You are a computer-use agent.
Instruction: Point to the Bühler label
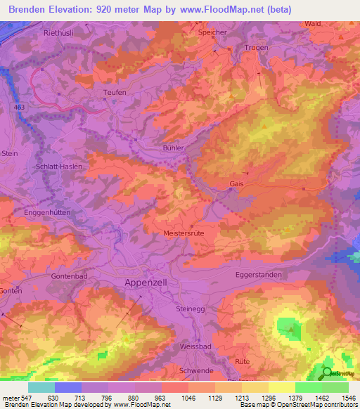pos(173,148)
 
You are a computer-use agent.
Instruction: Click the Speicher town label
pos(213,32)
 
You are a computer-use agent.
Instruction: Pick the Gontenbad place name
pos(70,277)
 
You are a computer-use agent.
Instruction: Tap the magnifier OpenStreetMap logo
pos(328,372)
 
